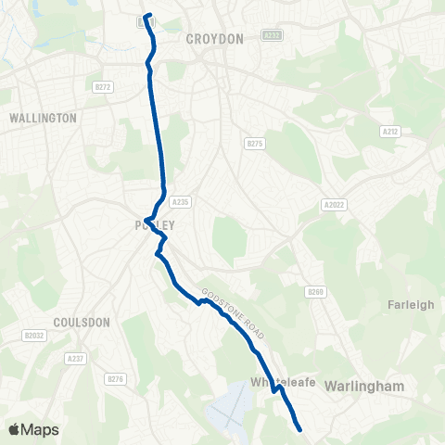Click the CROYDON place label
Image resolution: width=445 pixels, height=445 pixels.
point(214,39)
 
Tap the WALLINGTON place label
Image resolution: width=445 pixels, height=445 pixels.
point(42,119)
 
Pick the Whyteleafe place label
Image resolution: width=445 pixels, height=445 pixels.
point(277,381)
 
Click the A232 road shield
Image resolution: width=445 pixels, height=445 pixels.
point(272,34)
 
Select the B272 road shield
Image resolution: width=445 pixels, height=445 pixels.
point(103,87)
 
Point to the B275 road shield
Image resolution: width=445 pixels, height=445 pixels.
point(255,144)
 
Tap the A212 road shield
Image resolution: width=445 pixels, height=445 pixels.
point(390,133)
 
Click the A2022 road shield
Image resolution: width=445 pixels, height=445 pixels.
point(333,204)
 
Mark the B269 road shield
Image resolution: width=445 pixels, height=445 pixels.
point(316,291)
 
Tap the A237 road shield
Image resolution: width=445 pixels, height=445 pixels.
point(76,358)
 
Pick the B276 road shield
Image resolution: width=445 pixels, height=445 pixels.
point(115,378)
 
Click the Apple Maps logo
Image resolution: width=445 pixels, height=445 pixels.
point(34,429)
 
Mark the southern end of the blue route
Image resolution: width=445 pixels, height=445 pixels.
point(300,428)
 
